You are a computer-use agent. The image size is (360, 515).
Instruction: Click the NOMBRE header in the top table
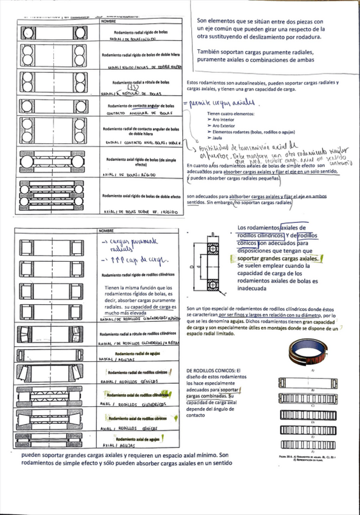pyautogui.click(x=107, y=21)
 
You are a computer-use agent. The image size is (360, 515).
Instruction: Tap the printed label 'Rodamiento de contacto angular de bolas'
pyautogui.click(x=141, y=105)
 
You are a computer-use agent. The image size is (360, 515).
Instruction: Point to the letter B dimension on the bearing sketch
pyautogui.click(x=213, y=234)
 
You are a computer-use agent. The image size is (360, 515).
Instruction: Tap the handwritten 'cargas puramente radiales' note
pyautogui.click(x=129, y=245)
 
